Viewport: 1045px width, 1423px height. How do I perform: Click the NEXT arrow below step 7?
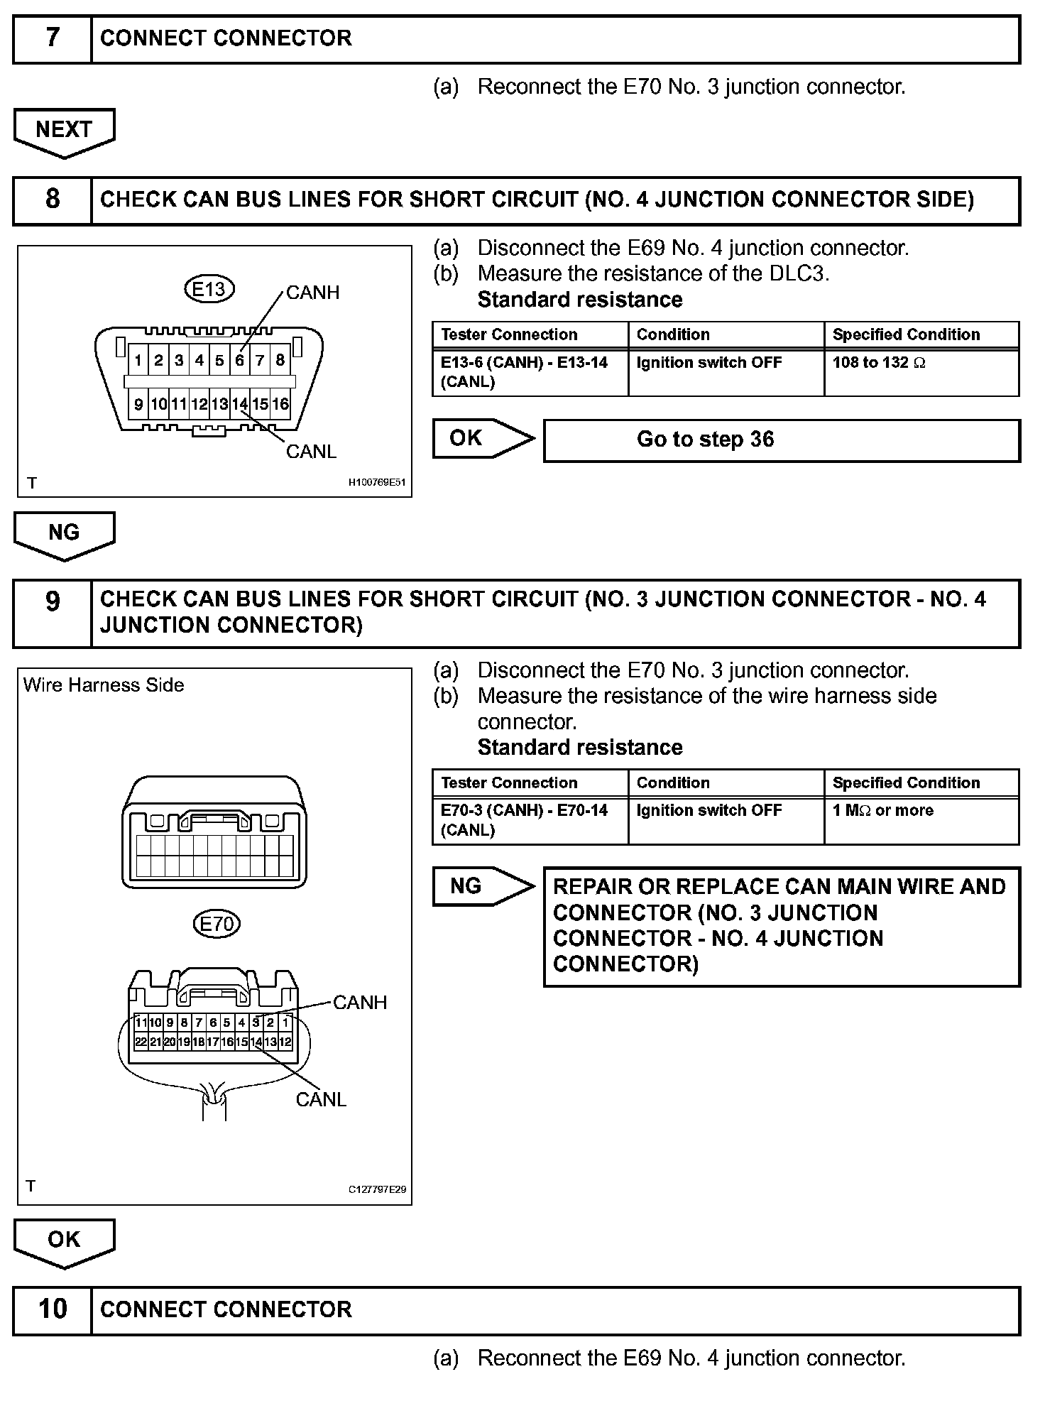coord(64,131)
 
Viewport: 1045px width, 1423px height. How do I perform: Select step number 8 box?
coord(53,200)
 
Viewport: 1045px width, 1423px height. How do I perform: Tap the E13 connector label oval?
coord(209,289)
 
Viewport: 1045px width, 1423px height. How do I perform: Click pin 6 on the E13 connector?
coord(240,361)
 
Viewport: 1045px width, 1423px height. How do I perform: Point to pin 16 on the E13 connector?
coord(281,405)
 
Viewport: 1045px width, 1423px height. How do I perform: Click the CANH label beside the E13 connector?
coord(312,293)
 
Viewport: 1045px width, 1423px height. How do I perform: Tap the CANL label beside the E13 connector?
coord(311,452)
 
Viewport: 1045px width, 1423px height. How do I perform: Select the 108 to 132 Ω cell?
coord(921,372)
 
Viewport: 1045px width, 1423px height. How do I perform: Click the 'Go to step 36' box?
coord(781,440)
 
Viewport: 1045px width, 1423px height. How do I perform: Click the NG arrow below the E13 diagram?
coord(64,534)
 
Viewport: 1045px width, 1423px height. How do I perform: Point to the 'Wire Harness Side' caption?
coord(104,685)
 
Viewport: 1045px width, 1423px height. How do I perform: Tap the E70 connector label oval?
coord(217,924)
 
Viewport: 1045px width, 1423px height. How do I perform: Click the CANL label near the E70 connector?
coord(321,1100)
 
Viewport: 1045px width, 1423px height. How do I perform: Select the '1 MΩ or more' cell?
coord(921,820)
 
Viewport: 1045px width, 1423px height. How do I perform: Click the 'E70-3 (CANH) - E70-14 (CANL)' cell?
coord(530,820)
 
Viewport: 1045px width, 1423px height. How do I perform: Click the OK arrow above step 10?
coord(64,1241)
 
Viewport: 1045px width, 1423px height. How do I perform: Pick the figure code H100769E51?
coord(376,483)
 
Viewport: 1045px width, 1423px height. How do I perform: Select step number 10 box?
coord(53,1309)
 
